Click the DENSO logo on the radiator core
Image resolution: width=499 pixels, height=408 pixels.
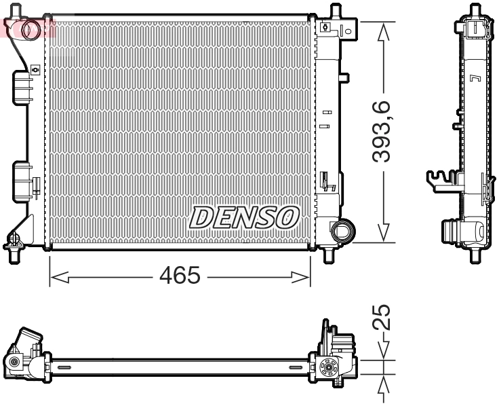click(x=245, y=217)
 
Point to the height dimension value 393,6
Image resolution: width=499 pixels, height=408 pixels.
click(x=384, y=131)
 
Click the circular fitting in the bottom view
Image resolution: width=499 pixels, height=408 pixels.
click(x=330, y=369)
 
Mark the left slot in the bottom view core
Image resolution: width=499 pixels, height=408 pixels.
click(x=65, y=367)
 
